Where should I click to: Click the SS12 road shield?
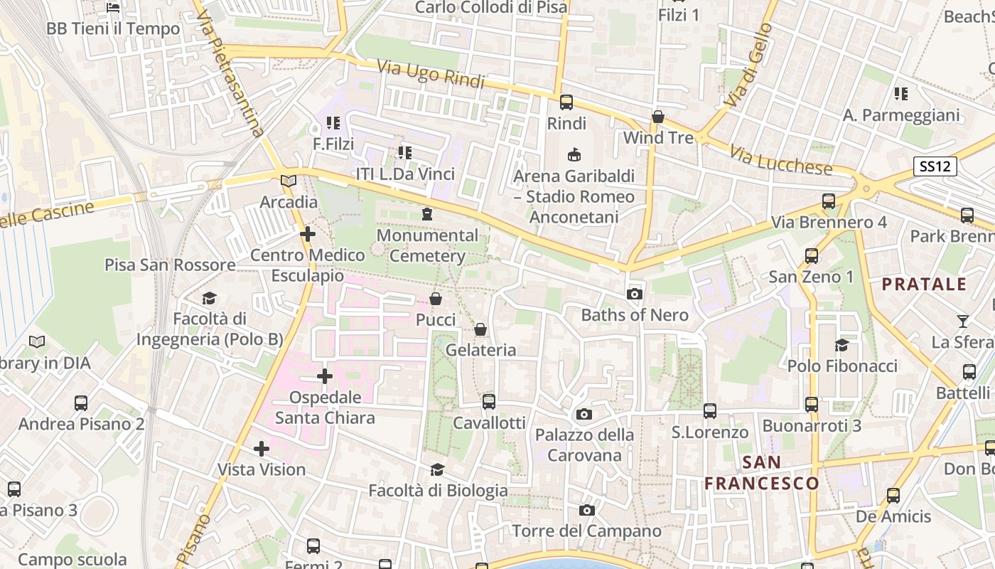point(935,166)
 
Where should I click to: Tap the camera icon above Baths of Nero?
point(634,294)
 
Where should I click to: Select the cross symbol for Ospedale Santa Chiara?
point(325,376)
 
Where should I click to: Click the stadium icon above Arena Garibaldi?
point(574,154)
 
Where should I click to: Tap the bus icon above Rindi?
point(566,102)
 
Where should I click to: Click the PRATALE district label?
point(924,284)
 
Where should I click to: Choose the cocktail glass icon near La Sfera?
point(962,321)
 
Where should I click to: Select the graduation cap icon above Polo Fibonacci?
point(841,345)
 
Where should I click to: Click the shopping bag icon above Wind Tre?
point(657,116)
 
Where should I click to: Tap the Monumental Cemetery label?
point(427,245)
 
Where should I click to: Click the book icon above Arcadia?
point(288,181)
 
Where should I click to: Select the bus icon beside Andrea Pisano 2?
point(81,403)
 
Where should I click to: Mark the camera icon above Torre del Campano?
point(586,510)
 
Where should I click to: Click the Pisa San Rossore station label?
point(170,265)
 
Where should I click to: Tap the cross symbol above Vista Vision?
point(262,448)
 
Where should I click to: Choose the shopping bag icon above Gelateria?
point(480,329)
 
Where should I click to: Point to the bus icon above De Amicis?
point(893,496)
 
